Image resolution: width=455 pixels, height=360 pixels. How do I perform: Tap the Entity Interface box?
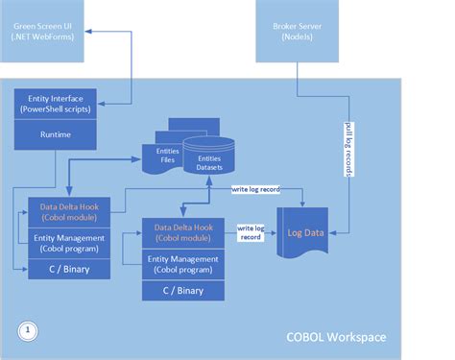coord(55,103)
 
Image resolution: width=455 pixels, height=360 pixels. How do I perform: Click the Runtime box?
coord(55,135)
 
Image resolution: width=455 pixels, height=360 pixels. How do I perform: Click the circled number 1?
coord(30,329)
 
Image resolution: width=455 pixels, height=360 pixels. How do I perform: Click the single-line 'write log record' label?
coord(254,189)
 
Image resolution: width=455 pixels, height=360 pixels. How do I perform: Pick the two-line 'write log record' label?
coord(252,232)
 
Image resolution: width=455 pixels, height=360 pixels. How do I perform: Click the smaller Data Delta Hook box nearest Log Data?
coord(182,231)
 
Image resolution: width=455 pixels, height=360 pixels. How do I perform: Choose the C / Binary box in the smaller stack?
coord(182,289)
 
